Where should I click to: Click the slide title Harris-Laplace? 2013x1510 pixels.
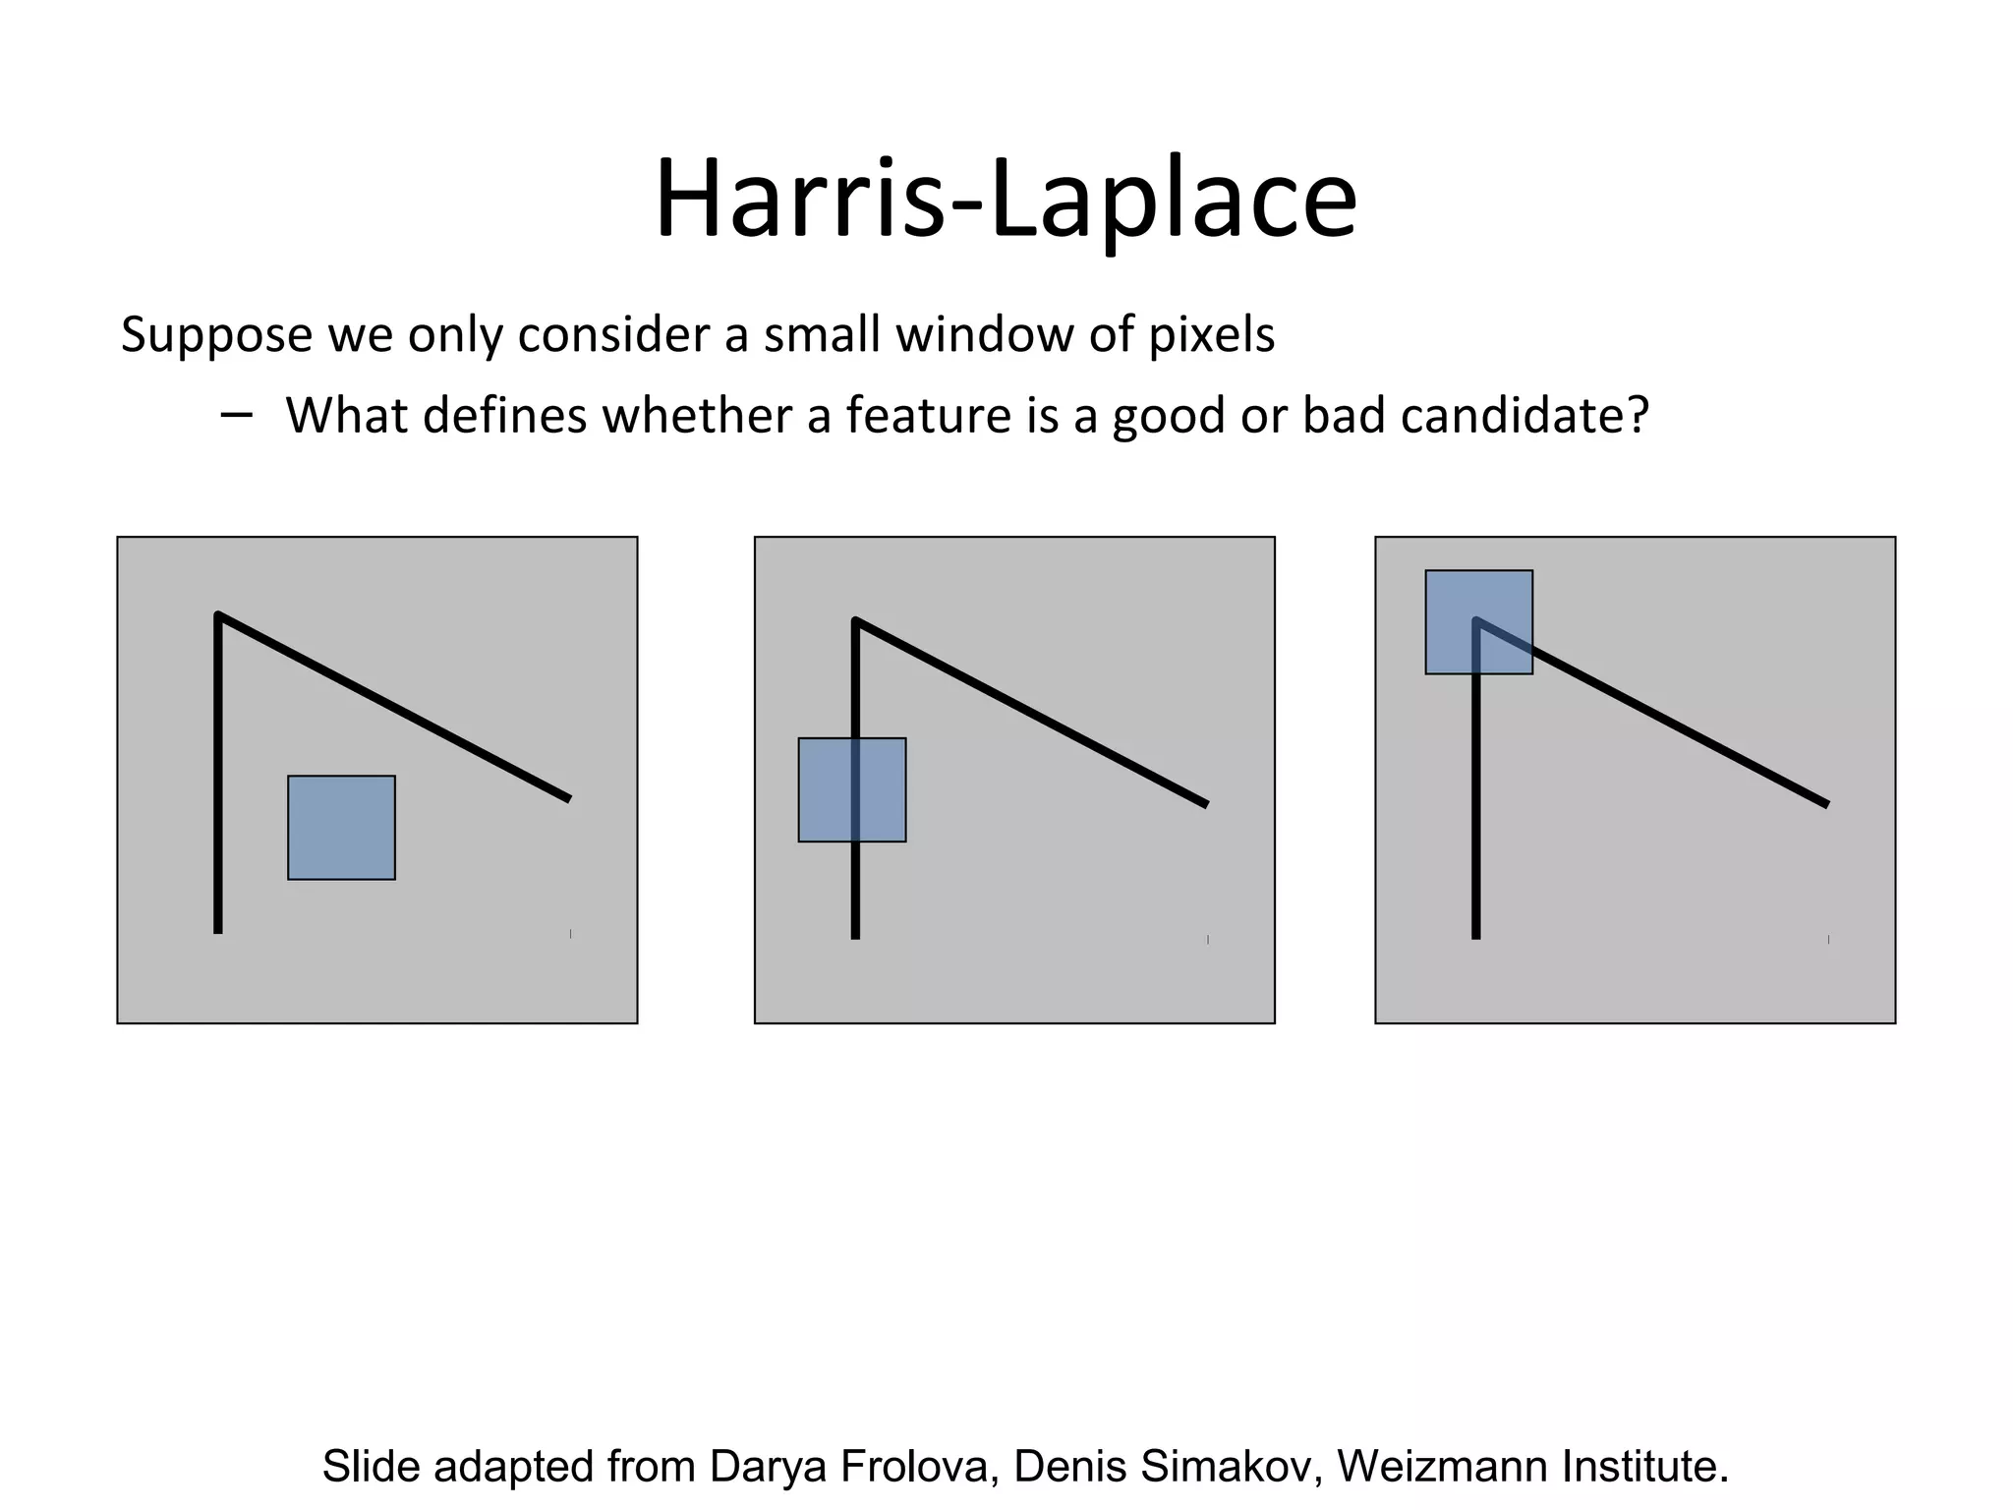tap(1006, 202)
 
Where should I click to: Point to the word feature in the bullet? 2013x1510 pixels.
tap(929, 415)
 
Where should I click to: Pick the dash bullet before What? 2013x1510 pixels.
tap(236, 415)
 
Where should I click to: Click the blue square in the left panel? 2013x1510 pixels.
tap(341, 828)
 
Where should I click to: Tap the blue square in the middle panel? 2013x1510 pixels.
tap(851, 789)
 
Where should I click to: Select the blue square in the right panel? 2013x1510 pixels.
tap(1478, 622)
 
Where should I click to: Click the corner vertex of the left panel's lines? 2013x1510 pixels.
tap(218, 616)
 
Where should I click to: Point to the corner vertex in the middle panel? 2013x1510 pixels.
tap(856, 621)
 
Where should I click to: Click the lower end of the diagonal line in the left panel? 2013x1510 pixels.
tap(567, 798)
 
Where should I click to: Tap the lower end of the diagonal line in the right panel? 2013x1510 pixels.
tap(1825, 804)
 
